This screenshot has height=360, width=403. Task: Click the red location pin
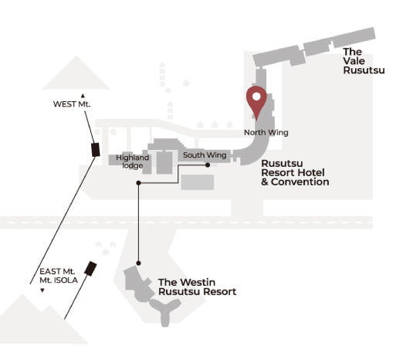pos(256,102)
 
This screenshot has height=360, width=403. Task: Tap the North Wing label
pos(266,133)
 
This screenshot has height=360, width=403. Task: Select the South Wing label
pos(205,155)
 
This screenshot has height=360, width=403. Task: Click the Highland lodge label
pos(132,161)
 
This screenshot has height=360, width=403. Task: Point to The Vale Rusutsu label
pos(364,61)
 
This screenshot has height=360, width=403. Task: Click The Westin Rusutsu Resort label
pos(197,287)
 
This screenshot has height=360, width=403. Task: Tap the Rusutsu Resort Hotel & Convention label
pos(295,172)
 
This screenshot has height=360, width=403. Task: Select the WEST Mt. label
pos(72,104)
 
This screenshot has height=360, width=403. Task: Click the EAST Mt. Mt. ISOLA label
pos(59,276)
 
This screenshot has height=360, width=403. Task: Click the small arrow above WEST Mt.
pos(83,96)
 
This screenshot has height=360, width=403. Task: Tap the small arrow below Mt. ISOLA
pos(42,290)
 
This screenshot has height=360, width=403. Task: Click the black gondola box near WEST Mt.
pos(96,150)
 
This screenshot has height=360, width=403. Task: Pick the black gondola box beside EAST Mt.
pos(90,269)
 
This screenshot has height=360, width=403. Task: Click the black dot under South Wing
pos(208,165)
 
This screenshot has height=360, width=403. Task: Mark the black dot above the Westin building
pos(138,263)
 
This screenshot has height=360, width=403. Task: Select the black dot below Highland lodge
pos(138,183)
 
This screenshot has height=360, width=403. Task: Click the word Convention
pos(300,182)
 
